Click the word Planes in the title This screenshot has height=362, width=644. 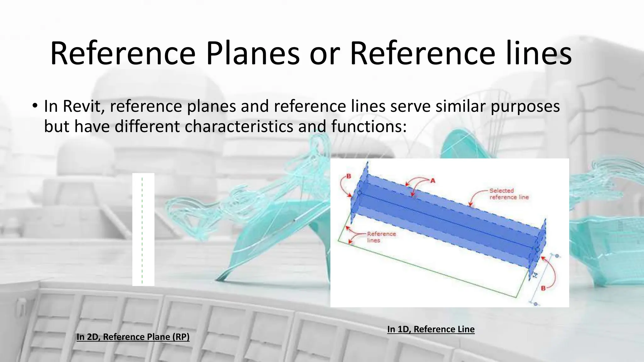253,54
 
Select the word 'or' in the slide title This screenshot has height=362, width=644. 325,54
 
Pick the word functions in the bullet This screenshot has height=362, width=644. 369,126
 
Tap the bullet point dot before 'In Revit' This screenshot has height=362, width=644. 35,106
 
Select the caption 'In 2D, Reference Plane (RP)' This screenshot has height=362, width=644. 133,337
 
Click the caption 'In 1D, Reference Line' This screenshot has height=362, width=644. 431,329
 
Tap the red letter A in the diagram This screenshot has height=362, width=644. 433,181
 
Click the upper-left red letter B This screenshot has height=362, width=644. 348,176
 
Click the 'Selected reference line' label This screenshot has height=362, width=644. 509,194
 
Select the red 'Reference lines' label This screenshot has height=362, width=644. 381,237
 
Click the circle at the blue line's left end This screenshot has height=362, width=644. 359,193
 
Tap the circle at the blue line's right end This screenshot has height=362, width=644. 537,250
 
